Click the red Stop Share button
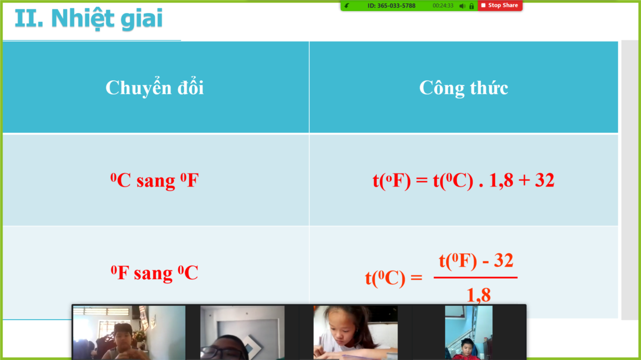point(500,5)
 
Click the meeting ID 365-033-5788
point(391,6)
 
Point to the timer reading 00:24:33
point(443,6)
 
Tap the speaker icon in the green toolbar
point(462,6)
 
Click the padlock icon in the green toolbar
point(472,6)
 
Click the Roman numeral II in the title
point(29,18)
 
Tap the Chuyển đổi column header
point(155,88)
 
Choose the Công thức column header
point(464,88)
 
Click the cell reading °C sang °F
point(155,180)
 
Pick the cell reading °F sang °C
point(155,272)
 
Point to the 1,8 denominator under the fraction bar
point(479,295)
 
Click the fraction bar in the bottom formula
point(475,277)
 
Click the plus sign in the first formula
point(524,181)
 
